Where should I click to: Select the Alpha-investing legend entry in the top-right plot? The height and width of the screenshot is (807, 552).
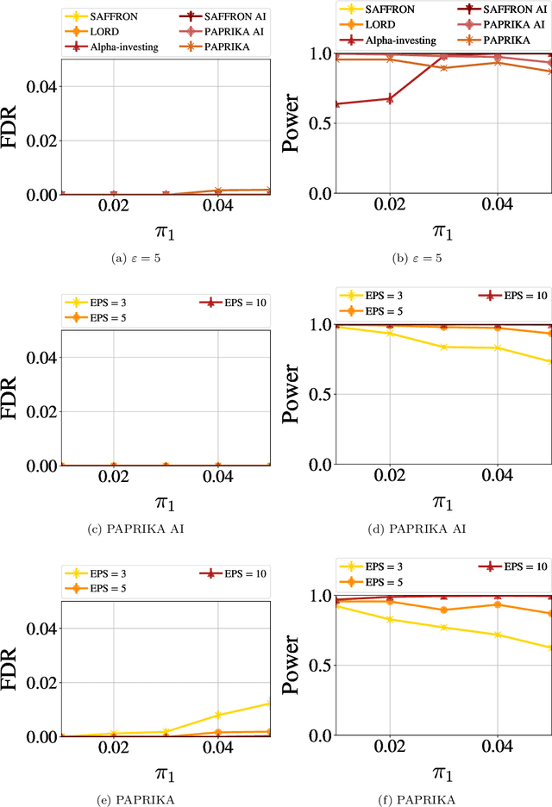pyautogui.click(x=397, y=40)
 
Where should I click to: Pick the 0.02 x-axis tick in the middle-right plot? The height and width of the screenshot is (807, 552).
pyautogui.click(x=389, y=476)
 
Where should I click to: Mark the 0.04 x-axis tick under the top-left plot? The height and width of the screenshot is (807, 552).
pyautogui.click(x=217, y=206)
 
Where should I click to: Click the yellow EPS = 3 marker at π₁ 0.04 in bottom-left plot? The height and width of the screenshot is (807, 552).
pyautogui.click(x=217, y=715)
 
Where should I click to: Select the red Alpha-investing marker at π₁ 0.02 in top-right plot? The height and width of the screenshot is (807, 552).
pyautogui.click(x=389, y=99)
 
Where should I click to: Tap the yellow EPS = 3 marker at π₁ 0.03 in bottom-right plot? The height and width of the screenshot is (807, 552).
pyautogui.click(x=443, y=627)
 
